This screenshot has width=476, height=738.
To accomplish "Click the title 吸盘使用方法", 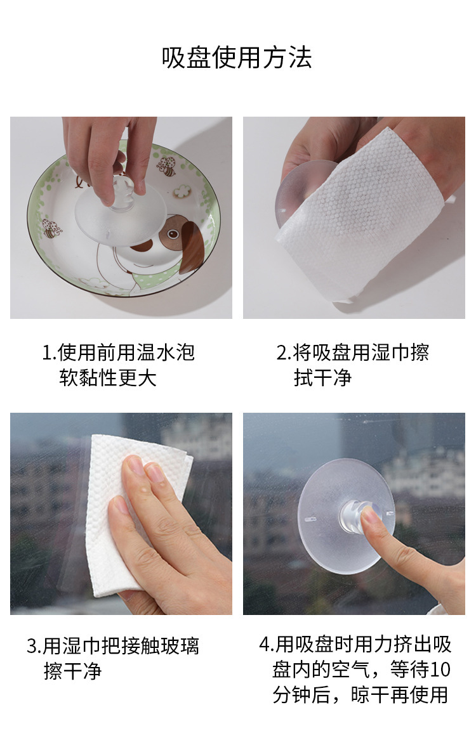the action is coord(237,58).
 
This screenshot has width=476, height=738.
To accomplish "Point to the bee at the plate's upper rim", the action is coord(166,166).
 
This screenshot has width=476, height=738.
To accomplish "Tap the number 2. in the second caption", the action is coord(284,353).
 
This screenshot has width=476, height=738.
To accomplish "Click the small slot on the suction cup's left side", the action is coord(310,520).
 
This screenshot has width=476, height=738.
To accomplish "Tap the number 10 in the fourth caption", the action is coord(440,670).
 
